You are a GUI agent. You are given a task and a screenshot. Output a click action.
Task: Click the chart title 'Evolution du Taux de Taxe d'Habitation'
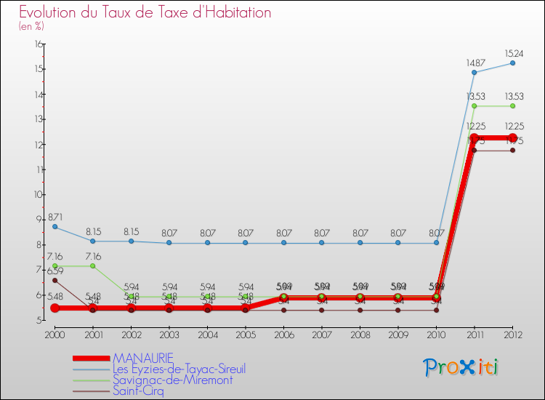pyautogui.click(x=145, y=12)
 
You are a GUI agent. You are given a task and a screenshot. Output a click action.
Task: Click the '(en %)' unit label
pyautogui.click(x=31, y=26)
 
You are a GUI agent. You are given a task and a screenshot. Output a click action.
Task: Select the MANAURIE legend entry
pyautogui.click(x=143, y=358)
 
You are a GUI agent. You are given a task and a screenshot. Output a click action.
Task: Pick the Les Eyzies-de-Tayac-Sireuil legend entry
pyautogui.click(x=179, y=369)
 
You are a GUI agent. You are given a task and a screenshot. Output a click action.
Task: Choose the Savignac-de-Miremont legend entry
pyautogui.click(x=172, y=380)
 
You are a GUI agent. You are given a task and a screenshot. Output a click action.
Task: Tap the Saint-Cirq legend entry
pyautogui.click(x=138, y=391)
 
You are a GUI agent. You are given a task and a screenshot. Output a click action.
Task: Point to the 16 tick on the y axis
pyautogui.click(x=39, y=44)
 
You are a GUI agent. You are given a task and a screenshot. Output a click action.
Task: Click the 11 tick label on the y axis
pyautogui.click(x=39, y=169)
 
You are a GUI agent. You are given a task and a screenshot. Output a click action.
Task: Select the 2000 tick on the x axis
pyautogui.click(x=54, y=335)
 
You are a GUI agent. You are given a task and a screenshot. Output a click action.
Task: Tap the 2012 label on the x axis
pyautogui.click(x=512, y=335)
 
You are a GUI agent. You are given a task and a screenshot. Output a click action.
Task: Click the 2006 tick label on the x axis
pyautogui.click(x=283, y=335)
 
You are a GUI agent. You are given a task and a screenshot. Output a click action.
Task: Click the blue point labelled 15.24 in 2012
pyautogui.click(x=512, y=63)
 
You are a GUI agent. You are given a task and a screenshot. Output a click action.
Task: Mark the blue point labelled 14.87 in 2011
pyautogui.click(x=474, y=72)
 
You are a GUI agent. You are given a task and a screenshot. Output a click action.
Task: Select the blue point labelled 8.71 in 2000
pyautogui.click(x=54, y=226)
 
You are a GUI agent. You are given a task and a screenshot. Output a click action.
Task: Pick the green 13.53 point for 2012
pyautogui.click(x=512, y=106)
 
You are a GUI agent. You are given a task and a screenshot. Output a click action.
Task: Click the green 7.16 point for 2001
pyautogui.click(x=92, y=265)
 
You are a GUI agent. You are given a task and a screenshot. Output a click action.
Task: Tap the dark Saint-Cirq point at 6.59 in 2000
pyautogui.click(x=54, y=280)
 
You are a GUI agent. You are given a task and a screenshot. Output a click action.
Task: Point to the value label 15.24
pyautogui.click(x=512, y=53)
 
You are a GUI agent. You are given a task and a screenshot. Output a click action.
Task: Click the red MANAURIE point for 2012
pyautogui.click(x=512, y=138)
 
